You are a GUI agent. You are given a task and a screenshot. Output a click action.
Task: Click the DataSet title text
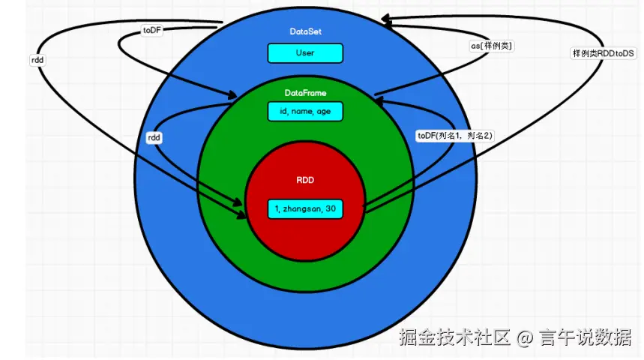304,31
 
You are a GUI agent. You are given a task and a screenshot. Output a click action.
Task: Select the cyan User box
305,53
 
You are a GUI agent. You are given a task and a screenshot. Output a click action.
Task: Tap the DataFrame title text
305,93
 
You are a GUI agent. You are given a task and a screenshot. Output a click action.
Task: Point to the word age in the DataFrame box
324,112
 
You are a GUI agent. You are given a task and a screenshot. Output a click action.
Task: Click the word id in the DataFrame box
283,112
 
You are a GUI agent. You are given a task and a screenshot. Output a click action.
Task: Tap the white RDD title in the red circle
305,181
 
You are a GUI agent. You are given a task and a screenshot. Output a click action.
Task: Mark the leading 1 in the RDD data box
276,208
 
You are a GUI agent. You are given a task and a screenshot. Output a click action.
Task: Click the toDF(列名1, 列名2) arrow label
454,135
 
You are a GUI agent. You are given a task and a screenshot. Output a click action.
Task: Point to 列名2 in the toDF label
478,135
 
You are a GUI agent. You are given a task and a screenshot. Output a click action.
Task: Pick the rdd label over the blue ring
154,138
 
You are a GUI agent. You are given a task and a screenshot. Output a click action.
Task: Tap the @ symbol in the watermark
525,337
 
